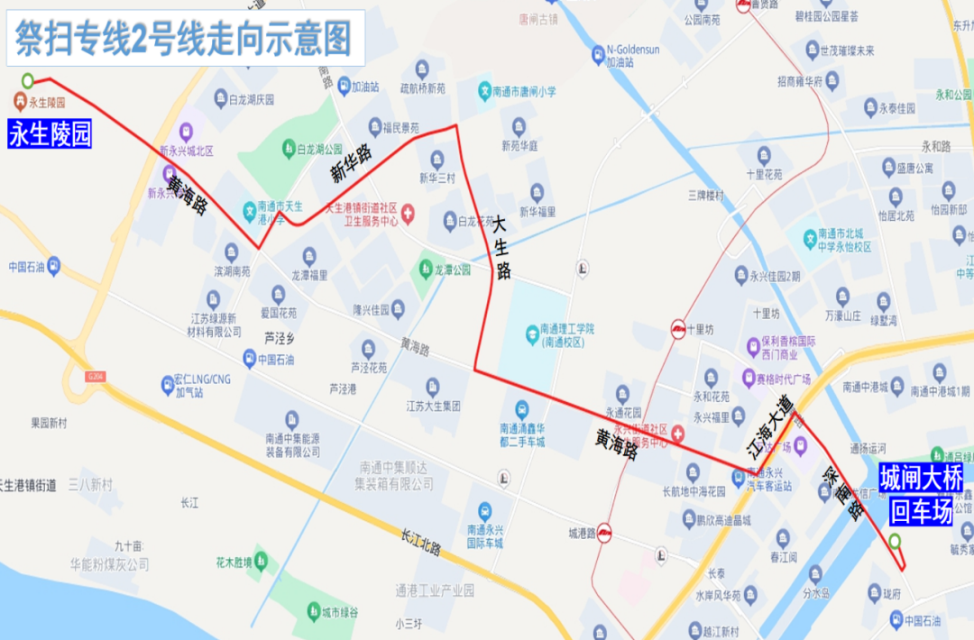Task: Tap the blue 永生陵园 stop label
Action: click(50, 135)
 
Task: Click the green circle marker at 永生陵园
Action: click(28, 80)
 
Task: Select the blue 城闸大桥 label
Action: click(921, 478)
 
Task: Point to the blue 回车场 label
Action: click(920, 513)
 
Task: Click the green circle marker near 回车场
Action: click(894, 541)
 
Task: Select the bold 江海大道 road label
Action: click(770, 429)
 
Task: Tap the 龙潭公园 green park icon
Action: click(424, 269)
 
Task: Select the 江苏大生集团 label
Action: click(433, 406)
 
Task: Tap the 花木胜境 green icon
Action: click(261, 559)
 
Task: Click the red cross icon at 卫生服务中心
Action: click(408, 214)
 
